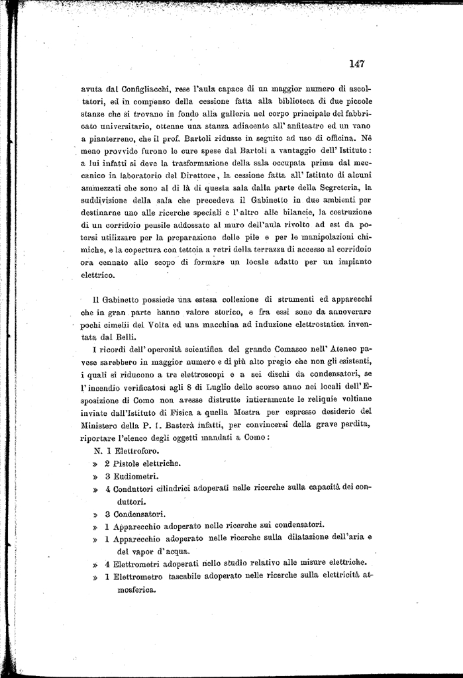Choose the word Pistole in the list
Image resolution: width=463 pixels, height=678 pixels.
coord(129,463)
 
